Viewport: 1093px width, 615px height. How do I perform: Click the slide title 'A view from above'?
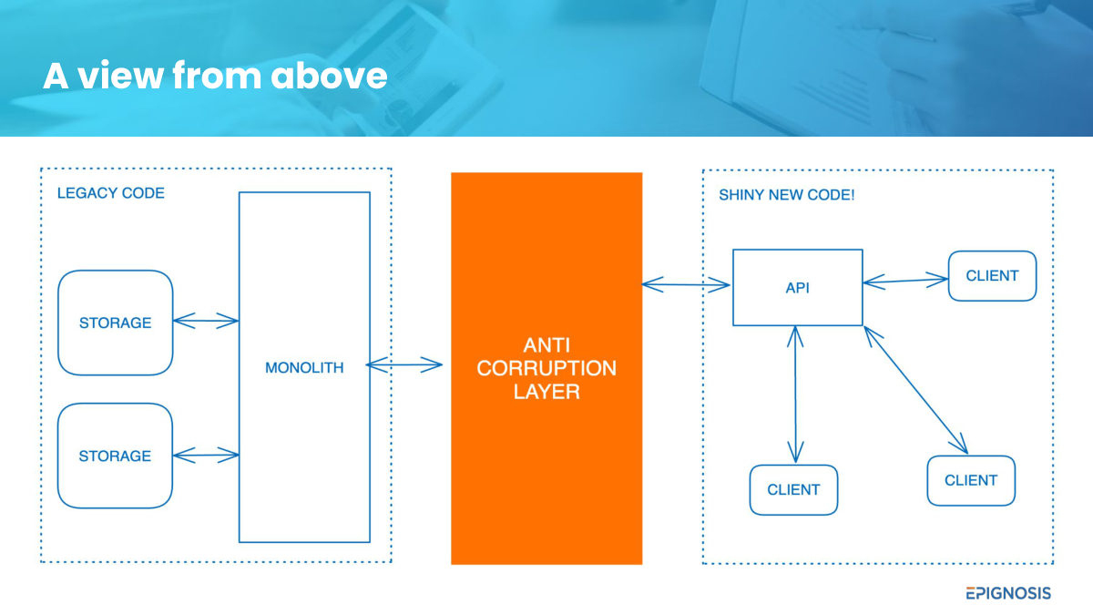[215, 76]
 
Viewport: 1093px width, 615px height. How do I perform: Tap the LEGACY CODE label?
[111, 193]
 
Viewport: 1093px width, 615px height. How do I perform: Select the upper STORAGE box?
[115, 323]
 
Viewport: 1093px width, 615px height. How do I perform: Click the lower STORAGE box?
[115, 456]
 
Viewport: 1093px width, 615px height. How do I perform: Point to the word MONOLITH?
[304, 367]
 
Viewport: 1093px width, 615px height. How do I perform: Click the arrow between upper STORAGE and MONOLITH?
[206, 321]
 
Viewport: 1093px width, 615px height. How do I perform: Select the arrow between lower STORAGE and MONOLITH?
[206, 455]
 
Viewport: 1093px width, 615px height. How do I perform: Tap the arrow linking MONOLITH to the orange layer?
[404, 364]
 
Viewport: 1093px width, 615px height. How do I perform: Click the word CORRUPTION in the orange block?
[546, 368]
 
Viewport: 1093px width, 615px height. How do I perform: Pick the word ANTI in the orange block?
[546, 345]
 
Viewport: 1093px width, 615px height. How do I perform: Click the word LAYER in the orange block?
[546, 392]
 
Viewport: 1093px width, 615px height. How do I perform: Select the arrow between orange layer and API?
[686, 284]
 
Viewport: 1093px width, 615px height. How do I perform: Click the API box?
[798, 288]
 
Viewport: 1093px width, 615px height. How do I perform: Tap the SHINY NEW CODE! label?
[787, 195]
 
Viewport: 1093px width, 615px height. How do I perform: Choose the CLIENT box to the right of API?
[993, 276]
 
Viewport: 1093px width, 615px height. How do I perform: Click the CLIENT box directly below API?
[794, 490]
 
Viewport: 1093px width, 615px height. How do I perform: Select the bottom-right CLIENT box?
[972, 481]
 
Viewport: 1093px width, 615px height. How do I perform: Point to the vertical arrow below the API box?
[795, 395]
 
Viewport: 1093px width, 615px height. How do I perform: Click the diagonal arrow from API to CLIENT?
[916, 390]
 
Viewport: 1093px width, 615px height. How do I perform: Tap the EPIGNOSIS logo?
[1008, 593]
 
